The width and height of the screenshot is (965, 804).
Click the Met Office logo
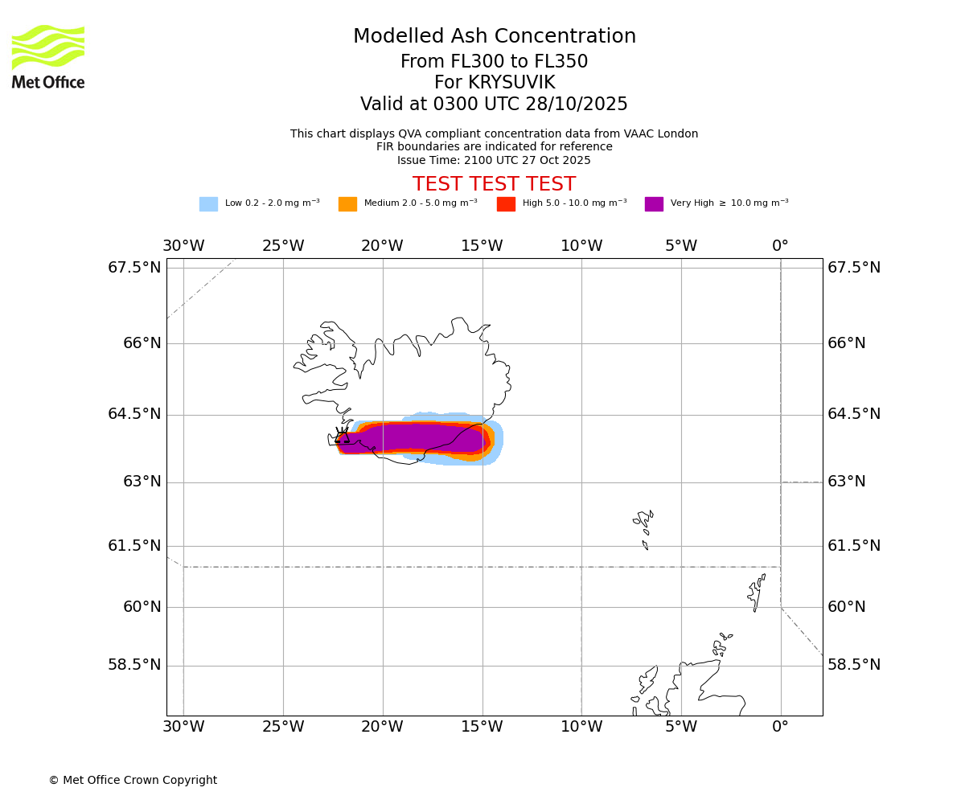48,56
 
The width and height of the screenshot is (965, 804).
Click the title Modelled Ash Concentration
494,37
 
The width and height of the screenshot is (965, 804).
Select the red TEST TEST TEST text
494,184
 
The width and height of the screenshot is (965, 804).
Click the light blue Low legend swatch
208,203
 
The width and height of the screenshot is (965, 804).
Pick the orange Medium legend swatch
347,203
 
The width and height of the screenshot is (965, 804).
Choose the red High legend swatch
506,203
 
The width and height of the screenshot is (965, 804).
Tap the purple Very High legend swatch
654,203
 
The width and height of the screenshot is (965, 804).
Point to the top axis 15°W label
482,246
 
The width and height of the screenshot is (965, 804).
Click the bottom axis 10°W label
581,727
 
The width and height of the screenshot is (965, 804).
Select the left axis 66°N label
142,343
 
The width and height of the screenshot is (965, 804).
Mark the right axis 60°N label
847,607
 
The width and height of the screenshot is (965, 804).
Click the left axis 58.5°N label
134,665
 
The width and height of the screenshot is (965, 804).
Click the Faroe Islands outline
643,527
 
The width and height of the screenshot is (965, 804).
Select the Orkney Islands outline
721,645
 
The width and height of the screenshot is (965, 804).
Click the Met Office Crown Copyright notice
133,780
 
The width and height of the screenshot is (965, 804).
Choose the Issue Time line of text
494,160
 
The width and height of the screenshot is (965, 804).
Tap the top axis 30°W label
183,246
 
